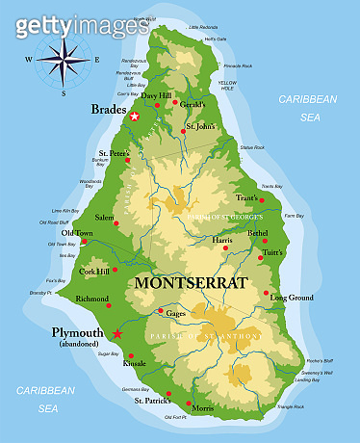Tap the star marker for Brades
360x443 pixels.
[135, 117]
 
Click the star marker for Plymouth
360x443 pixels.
[117, 333]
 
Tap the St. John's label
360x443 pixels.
[201, 126]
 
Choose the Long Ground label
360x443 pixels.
[292, 298]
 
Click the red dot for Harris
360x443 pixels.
[224, 248]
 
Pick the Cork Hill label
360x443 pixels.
[94, 272]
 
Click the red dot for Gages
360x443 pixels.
[160, 311]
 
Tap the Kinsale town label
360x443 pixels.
[135, 364]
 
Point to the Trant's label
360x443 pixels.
[247, 197]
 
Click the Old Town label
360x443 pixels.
[78, 232]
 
